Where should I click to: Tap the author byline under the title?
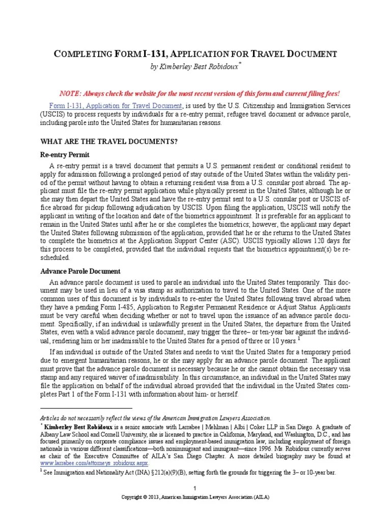coord(195,67)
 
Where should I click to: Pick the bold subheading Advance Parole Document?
coord(80,271)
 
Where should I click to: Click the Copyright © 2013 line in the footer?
coord(195,497)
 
